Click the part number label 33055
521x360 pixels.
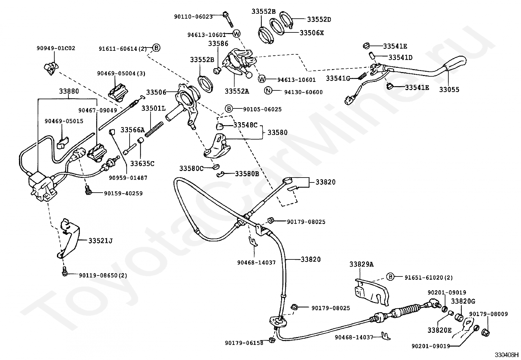pos(449,90)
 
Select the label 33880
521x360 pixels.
pos(69,91)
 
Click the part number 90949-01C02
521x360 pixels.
pos(56,48)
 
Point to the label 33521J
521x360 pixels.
pos(100,240)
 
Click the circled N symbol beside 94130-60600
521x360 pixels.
pos(268,90)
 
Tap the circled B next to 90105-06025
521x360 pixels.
pos(229,109)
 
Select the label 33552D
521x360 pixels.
pos(319,19)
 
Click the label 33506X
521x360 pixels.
pos(312,33)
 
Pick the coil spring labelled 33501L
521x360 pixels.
pos(154,129)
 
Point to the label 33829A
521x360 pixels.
pos(361,264)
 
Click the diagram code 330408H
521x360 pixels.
pos(506,355)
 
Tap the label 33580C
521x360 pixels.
pos(191,168)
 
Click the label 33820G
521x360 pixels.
pos(463,301)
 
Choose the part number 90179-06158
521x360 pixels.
pos(244,343)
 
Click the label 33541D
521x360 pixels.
pos(400,58)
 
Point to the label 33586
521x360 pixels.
pos(218,44)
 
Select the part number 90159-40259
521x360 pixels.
pos(123,193)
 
